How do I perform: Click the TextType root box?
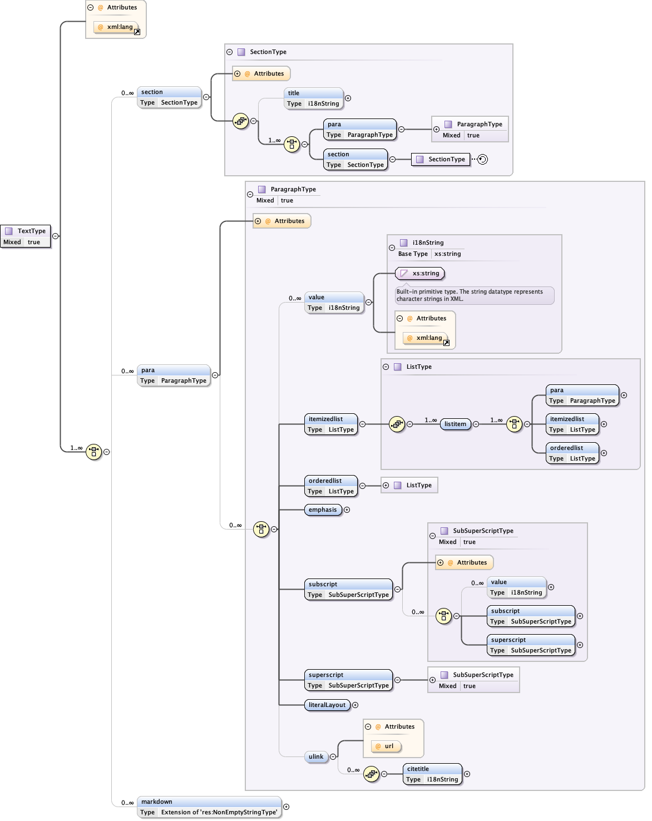point(26,236)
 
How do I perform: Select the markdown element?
point(209,807)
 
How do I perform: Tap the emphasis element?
point(323,510)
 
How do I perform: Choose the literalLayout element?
point(327,705)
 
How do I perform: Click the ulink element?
point(316,756)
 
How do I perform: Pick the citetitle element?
point(432,774)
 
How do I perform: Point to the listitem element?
point(455,424)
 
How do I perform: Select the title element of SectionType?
point(314,98)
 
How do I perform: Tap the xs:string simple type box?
point(420,273)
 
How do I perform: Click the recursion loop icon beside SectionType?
point(482,160)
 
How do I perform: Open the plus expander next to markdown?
point(287,807)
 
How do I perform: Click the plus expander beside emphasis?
point(347,510)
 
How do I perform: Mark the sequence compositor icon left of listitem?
point(397,424)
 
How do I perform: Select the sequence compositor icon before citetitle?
point(371,774)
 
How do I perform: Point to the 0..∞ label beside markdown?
point(127,803)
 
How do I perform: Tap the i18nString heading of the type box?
point(428,243)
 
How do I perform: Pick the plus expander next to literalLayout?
point(355,705)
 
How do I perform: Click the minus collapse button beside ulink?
point(333,756)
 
